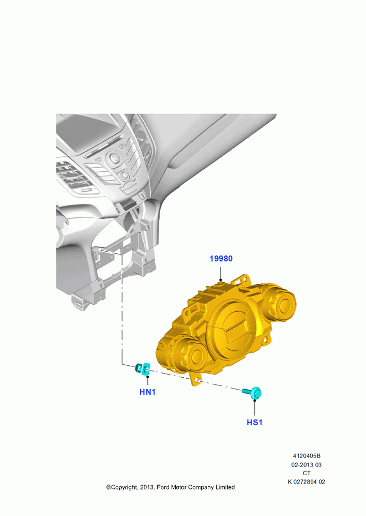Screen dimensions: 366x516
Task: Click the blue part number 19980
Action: point(221,259)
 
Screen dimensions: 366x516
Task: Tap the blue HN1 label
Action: point(147,392)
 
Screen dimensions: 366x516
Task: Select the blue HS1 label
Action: point(254,422)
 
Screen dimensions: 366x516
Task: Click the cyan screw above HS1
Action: point(252,393)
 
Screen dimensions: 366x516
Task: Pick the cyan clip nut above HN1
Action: point(143,368)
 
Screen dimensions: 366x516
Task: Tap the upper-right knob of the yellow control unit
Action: point(280,304)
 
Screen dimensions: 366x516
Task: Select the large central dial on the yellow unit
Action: point(233,328)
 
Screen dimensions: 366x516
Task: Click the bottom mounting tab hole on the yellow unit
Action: point(197,380)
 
